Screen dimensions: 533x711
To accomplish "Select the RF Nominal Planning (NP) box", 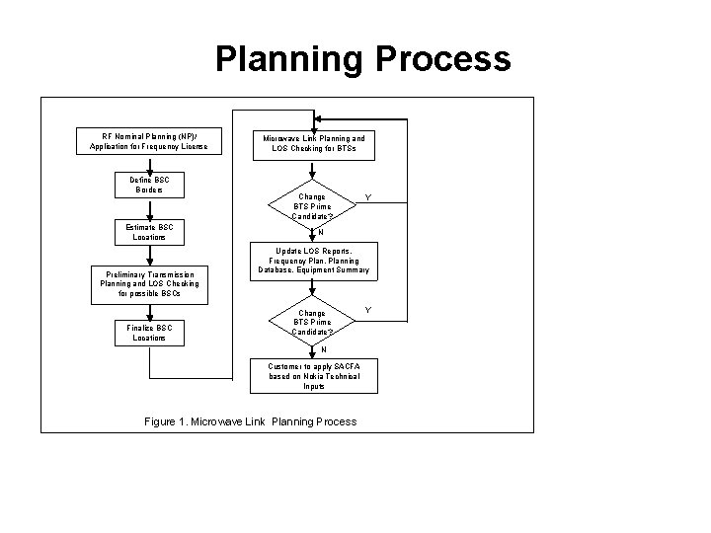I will (149, 140).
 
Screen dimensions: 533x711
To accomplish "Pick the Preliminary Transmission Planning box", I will (149, 284).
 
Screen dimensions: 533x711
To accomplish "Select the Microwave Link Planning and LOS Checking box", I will (313, 143).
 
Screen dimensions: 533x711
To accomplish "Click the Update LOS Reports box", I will (313, 261).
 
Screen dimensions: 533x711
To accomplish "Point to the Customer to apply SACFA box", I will (313, 376).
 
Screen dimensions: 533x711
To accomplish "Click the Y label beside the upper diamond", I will (367, 196).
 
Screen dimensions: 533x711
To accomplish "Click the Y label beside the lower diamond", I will (367, 310).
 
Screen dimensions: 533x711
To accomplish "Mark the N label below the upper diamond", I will (320, 234).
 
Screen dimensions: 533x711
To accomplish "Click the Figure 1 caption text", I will (251, 421).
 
